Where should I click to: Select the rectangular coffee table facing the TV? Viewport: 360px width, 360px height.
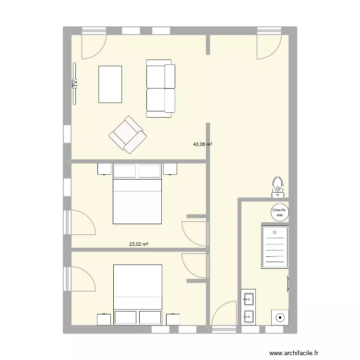(x=110, y=84)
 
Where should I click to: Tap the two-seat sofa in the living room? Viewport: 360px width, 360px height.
(x=160, y=88)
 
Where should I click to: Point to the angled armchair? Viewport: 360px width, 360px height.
(x=128, y=135)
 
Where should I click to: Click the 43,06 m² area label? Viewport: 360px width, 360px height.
(x=203, y=144)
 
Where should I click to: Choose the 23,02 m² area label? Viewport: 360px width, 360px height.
(x=139, y=244)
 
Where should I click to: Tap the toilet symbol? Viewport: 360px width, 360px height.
(x=278, y=187)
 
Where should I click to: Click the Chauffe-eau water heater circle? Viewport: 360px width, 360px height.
(x=279, y=213)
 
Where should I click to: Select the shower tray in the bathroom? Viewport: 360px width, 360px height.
(x=275, y=247)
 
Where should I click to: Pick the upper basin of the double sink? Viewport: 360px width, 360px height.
(x=248, y=300)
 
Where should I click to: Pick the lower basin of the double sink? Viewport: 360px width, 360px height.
(x=248, y=316)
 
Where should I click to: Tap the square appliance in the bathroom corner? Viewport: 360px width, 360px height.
(x=279, y=317)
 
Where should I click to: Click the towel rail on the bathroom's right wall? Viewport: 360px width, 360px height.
(x=288, y=284)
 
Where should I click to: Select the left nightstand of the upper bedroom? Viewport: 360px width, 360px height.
(x=104, y=169)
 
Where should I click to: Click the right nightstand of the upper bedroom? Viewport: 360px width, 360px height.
(x=170, y=169)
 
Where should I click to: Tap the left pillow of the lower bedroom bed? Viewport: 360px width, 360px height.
(x=125, y=317)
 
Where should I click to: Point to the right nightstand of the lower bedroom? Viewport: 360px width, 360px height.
(x=173, y=320)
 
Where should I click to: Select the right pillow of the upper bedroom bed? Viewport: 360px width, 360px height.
(x=149, y=170)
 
